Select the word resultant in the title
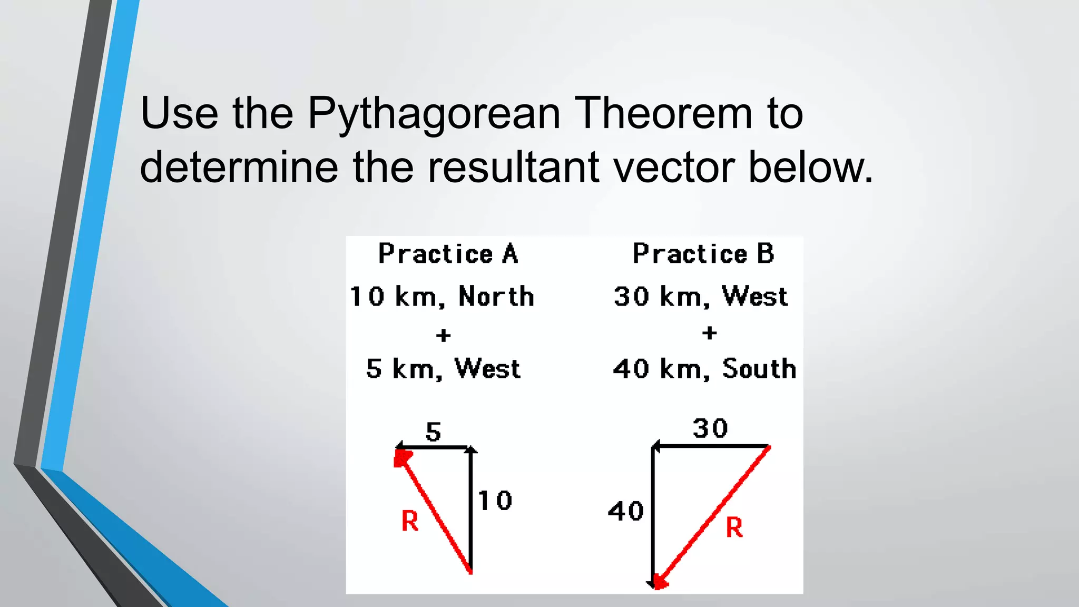click(513, 167)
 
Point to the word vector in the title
click(674, 167)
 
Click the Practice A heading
click(448, 254)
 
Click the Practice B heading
click(703, 254)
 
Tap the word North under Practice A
click(496, 297)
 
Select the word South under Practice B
click(759, 369)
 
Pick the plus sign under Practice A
click(444, 335)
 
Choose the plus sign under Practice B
click(710, 333)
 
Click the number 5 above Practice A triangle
click(433, 433)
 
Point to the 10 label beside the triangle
click(495, 501)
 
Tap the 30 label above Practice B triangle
click(710, 428)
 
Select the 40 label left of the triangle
click(626, 512)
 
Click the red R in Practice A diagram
click(410, 522)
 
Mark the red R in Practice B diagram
click(734, 527)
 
